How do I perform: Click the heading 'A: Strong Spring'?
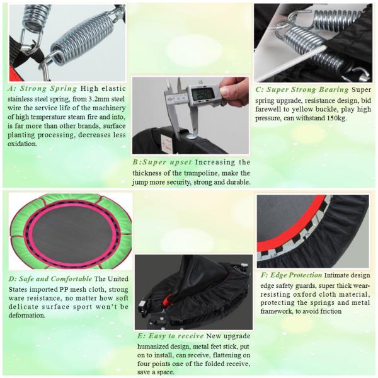point(42,88)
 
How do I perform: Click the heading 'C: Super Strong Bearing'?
point(302,89)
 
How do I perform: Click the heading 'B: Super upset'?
point(162,162)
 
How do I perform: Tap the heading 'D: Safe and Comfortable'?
point(50,279)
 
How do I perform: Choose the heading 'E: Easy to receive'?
point(171,336)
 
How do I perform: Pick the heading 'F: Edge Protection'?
point(291,275)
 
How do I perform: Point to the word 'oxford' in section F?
point(303,294)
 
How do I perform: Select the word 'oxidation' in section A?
point(22,144)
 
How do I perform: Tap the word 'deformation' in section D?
point(26,316)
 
